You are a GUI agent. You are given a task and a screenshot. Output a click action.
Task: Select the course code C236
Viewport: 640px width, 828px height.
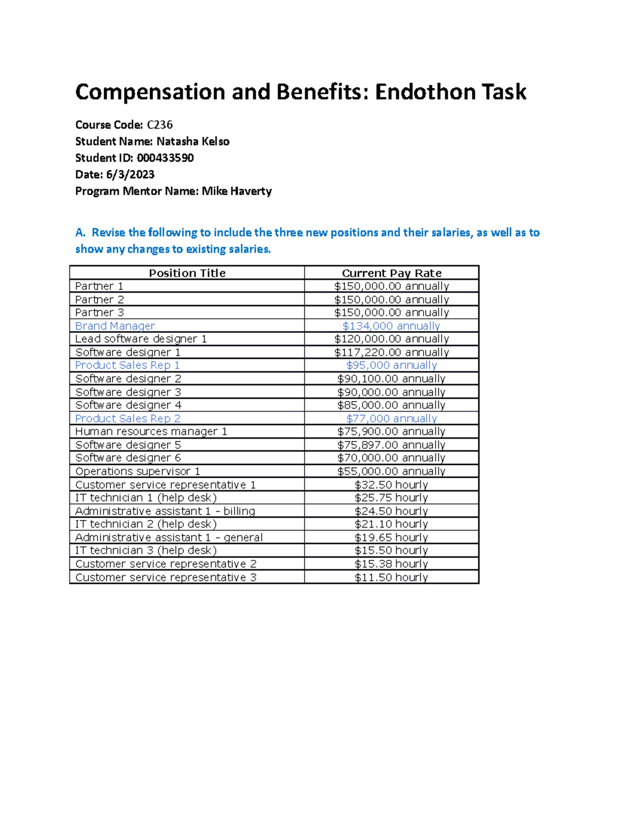[x=159, y=125]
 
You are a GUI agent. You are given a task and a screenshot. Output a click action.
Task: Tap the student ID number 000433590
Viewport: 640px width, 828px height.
[x=165, y=158]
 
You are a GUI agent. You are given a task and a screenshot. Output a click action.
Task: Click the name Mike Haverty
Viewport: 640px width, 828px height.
[x=236, y=191]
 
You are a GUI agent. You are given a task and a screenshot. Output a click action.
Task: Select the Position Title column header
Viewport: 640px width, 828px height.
[x=187, y=273]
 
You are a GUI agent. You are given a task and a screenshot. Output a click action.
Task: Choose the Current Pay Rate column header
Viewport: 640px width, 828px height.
[x=391, y=273]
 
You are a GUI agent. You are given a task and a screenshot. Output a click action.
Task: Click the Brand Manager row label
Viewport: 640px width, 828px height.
[x=115, y=326]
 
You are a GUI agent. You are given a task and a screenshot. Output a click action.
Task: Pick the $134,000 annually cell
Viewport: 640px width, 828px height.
[x=391, y=326]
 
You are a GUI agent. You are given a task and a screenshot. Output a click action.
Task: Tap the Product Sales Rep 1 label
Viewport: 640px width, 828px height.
[x=127, y=365]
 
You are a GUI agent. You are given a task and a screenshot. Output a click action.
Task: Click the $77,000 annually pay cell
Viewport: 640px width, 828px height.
[x=391, y=419]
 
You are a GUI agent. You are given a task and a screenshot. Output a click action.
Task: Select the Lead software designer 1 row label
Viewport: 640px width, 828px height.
[x=141, y=339]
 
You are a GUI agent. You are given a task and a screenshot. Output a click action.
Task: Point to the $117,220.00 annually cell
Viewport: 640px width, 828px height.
[x=391, y=352]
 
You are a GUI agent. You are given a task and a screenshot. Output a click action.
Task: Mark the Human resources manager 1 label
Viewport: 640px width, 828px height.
[x=151, y=431]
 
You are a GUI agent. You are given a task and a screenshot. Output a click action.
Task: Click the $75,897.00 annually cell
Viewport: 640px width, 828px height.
[x=391, y=445]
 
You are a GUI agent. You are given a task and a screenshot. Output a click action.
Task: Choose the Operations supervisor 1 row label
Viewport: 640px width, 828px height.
[x=138, y=471]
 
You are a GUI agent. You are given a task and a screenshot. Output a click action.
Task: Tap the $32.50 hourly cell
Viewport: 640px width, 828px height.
[x=391, y=485]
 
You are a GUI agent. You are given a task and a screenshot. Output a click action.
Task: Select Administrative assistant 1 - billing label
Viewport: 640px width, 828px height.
[x=165, y=511]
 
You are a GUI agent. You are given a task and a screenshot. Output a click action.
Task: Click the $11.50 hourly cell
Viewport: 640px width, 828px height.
[x=391, y=577]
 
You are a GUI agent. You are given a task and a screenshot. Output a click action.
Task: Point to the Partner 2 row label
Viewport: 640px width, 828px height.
[x=99, y=300]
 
